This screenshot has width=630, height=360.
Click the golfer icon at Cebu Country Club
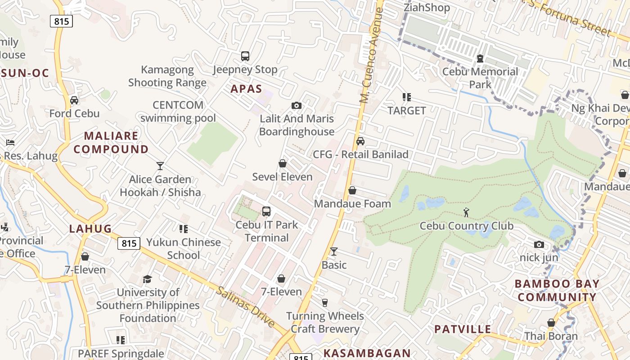pyautogui.click(x=466, y=212)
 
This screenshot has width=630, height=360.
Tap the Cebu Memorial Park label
pyautogui.click(x=480, y=78)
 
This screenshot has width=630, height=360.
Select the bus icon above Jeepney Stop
pyautogui.click(x=245, y=56)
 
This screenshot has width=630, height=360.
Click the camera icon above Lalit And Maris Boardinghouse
pyautogui.click(x=297, y=105)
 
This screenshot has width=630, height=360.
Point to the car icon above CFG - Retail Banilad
pyautogui.click(x=360, y=141)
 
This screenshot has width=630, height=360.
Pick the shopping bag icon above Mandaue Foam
pyautogui.click(x=352, y=190)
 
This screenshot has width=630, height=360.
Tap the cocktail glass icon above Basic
pyautogui.click(x=333, y=252)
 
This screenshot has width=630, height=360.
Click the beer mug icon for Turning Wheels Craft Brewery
pyautogui.click(x=324, y=302)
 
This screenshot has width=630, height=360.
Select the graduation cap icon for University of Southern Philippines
pyautogui.click(x=147, y=279)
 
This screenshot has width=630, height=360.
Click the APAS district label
pyautogui.click(x=246, y=89)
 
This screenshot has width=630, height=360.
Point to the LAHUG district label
pyautogui.click(x=90, y=229)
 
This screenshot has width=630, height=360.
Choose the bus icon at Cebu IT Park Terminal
pyautogui.click(x=266, y=211)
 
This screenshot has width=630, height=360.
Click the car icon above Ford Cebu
pyautogui.click(x=74, y=100)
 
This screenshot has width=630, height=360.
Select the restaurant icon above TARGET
pyautogui.click(x=407, y=97)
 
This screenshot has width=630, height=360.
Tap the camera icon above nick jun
pyautogui.click(x=539, y=244)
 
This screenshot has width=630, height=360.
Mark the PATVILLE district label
pyautogui.click(x=463, y=329)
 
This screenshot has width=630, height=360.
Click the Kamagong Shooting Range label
pyautogui.click(x=167, y=76)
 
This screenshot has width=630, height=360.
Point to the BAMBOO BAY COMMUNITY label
pyautogui.click(x=557, y=290)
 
